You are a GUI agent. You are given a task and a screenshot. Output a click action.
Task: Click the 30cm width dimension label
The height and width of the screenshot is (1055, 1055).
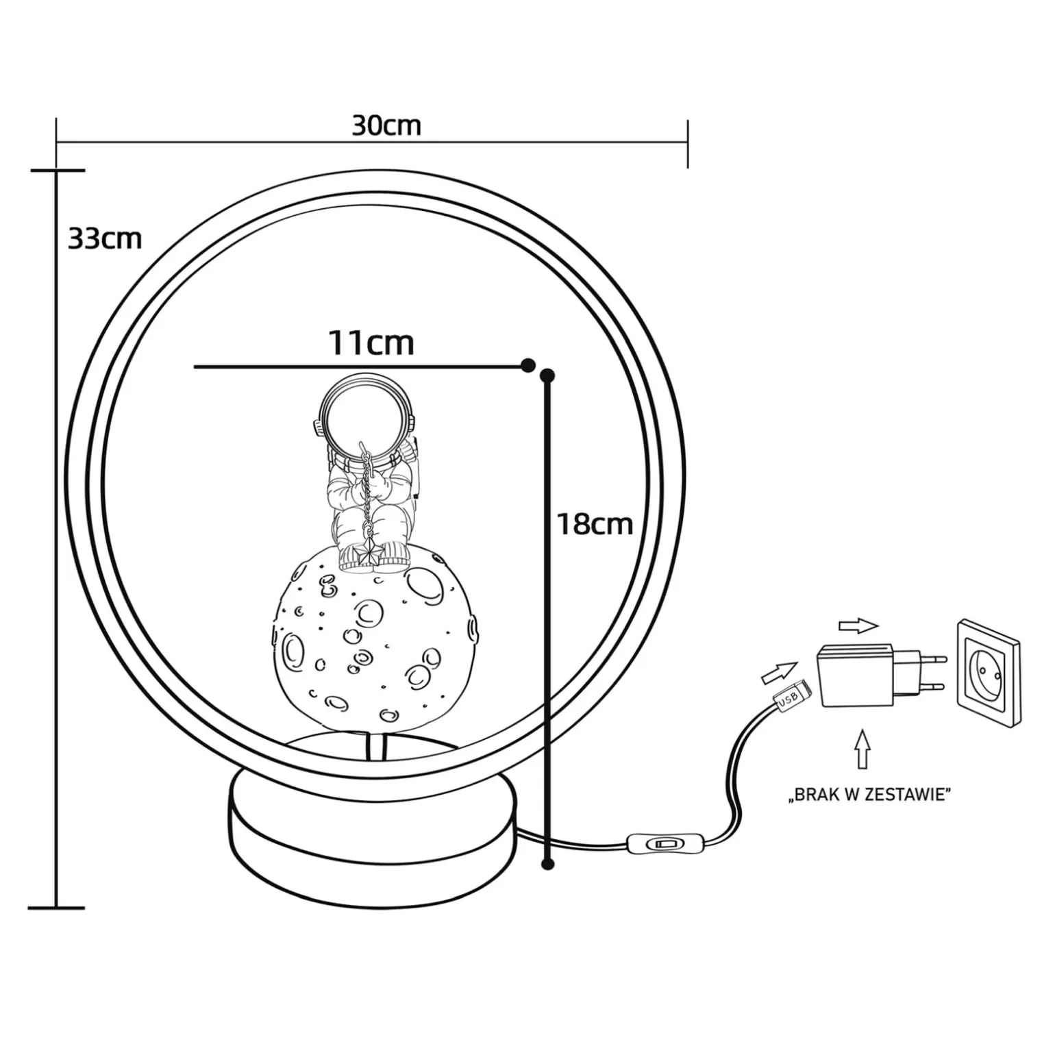click(386, 126)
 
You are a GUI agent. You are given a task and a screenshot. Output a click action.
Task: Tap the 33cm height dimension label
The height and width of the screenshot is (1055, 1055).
click(105, 239)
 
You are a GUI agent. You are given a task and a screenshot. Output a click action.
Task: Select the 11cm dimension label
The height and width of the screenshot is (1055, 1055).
click(371, 343)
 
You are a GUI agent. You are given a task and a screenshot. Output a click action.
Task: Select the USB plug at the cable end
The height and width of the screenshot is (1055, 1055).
click(793, 696)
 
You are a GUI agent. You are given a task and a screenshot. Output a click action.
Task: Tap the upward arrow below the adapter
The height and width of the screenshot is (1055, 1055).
click(863, 749)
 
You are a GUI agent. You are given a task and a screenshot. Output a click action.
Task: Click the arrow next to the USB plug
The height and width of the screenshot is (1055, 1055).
click(780, 671)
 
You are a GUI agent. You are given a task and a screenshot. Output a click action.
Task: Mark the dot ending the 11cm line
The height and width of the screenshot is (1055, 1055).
click(527, 365)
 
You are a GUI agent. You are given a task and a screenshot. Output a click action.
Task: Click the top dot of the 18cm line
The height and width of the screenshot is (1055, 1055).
click(547, 375)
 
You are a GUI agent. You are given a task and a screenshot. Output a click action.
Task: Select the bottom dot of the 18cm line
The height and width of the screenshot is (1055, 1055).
click(547, 864)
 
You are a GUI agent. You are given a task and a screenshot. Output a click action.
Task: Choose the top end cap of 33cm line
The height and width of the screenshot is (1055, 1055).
click(58, 170)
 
